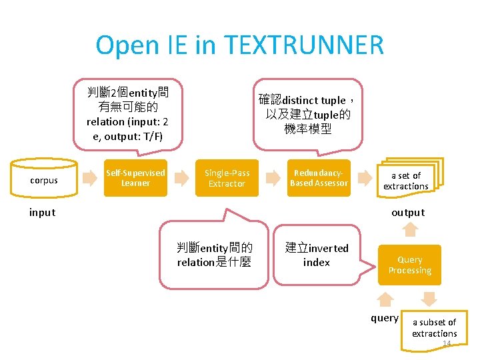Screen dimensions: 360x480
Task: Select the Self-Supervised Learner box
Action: [x=135, y=178]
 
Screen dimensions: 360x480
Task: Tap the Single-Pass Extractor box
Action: [x=227, y=178]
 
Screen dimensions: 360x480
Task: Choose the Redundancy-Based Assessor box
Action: [x=319, y=178]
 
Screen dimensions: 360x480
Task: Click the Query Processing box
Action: [x=410, y=265]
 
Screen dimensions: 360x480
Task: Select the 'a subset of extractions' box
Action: [x=433, y=327]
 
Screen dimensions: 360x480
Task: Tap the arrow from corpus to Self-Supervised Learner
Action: [x=88, y=177]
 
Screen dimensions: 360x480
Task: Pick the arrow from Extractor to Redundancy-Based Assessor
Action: [x=272, y=177]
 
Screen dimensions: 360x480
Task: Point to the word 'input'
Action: [x=42, y=213]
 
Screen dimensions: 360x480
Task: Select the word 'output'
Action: [x=408, y=213]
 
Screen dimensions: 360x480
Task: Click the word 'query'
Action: [x=385, y=318]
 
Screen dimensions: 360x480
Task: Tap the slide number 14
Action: [x=447, y=343]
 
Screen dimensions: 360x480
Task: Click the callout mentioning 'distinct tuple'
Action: [x=307, y=114]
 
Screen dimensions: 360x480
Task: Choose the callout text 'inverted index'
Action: [x=317, y=255]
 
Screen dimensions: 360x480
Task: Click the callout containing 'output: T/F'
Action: [x=127, y=114]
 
